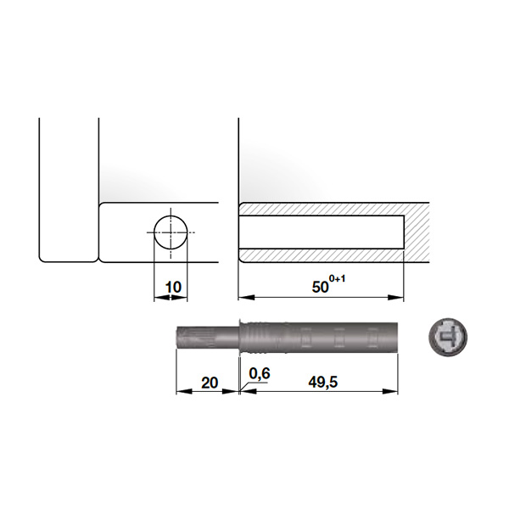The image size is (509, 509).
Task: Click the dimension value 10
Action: (x=173, y=288)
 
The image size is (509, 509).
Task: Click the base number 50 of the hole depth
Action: (x=321, y=288)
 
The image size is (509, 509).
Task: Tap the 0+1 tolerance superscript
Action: (x=338, y=278)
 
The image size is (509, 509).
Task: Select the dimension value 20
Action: (x=210, y=383)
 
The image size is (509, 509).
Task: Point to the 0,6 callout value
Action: (x=260, y=373)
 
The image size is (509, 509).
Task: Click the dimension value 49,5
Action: (x=323, y=383)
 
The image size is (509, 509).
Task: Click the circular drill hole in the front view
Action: (x=171, y=232)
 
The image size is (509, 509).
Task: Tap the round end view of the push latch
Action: (x=448, y=338)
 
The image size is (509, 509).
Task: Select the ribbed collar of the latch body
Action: (x=254, y=338)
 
